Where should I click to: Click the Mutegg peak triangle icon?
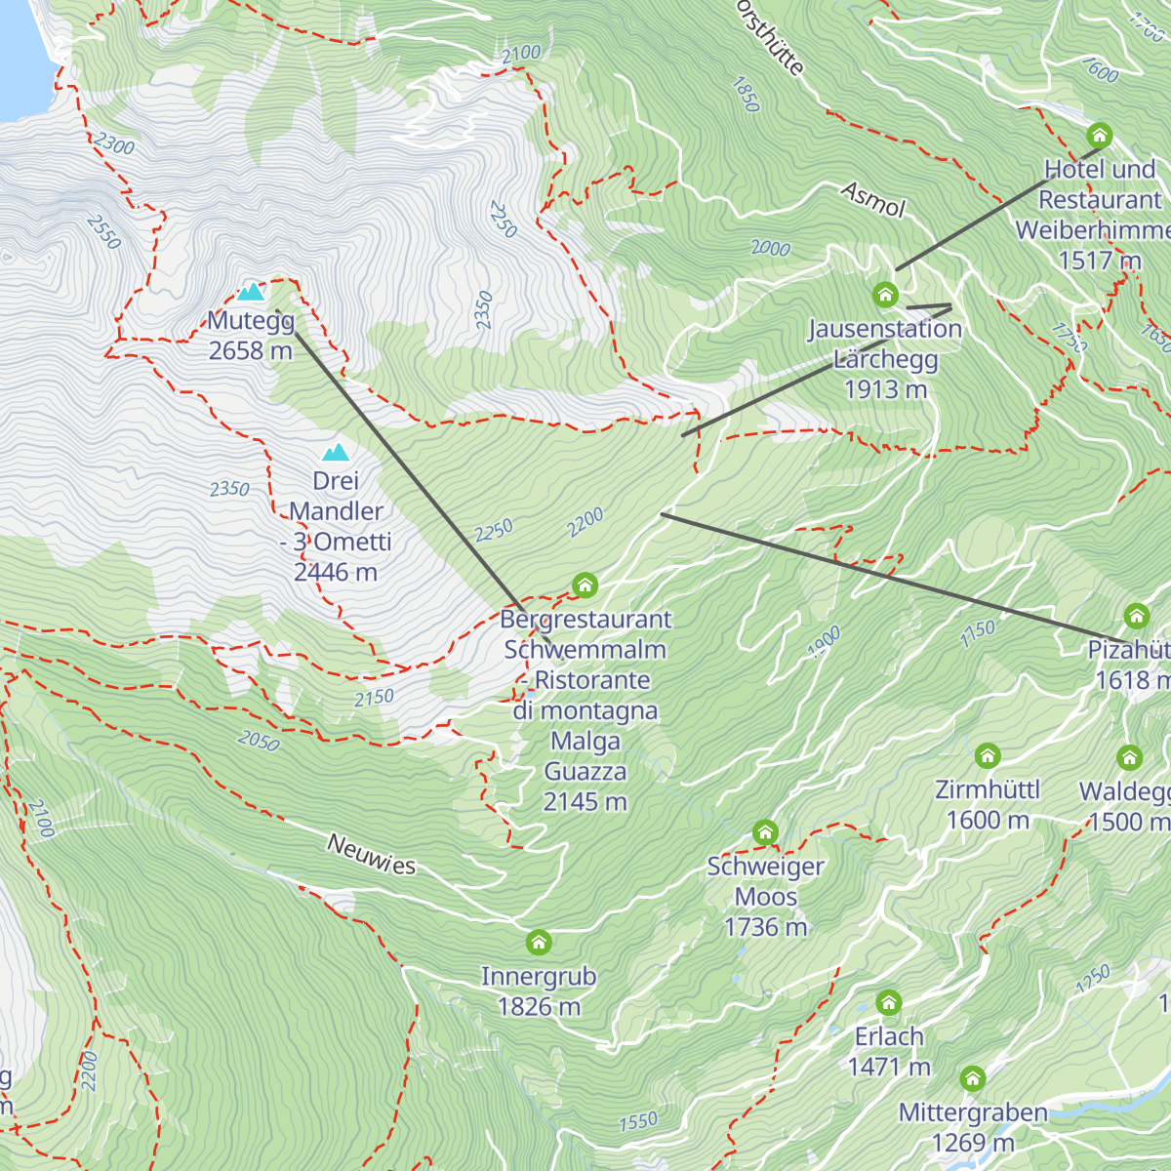[251, 291]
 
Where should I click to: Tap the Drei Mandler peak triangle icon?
[337, 452]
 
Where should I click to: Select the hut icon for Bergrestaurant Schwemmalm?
[585, 585]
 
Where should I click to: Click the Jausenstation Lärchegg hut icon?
[885, 294]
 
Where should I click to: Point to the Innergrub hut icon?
[539, 943]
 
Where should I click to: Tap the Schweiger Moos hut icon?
[766, 833]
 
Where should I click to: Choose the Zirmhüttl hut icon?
[988, 756]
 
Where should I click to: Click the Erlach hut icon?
[888, 1003]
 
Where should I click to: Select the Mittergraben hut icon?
[972, 1079]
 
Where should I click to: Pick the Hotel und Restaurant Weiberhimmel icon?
[1100, 135]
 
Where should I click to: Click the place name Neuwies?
[371, 854]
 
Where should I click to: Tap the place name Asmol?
[873, 200]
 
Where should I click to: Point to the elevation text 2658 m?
[251, 350]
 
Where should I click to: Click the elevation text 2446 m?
[336, 572]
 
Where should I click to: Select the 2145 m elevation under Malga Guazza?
[585, 802]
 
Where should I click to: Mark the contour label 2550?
[103, 231]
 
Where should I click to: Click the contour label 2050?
[259, 742]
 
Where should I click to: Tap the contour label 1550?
[638, 1122]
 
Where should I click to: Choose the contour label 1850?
[745, 95]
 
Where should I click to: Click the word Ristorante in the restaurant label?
[593, 680]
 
